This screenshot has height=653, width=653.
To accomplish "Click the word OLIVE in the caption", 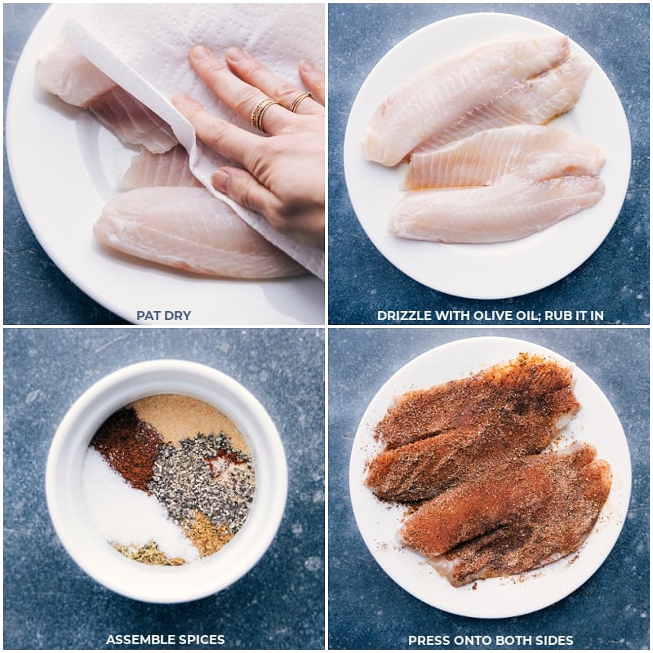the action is coord(492,315).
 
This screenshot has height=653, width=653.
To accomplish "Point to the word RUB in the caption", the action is coord(558,315).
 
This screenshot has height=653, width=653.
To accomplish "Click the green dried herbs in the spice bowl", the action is coord(146,553).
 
